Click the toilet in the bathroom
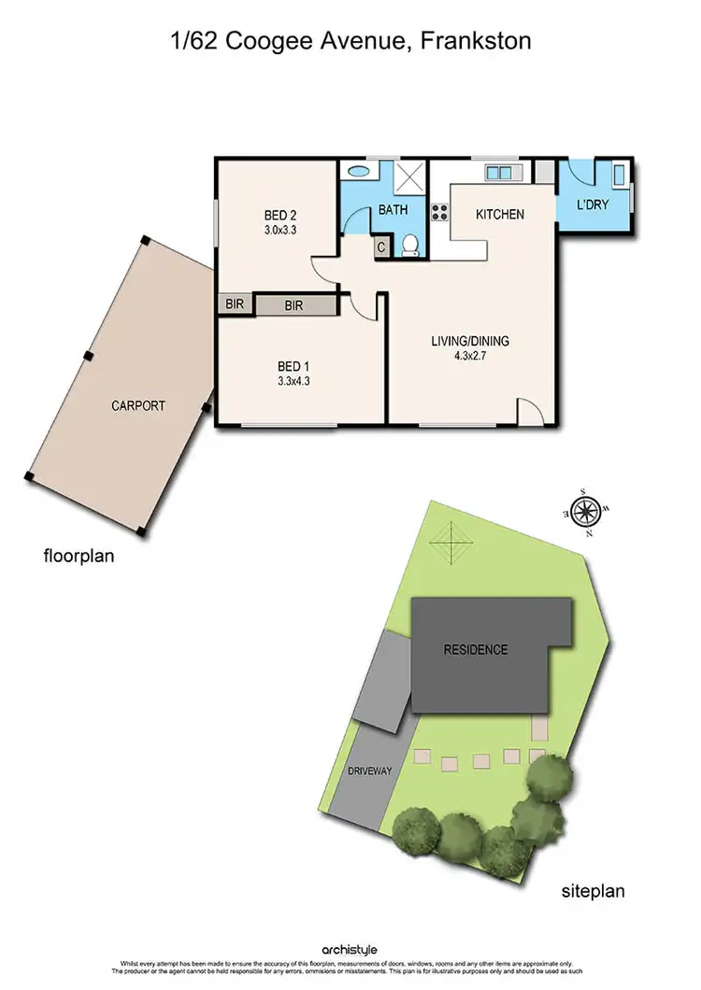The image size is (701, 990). click(x=409, y=245)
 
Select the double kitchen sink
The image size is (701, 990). click(x=498, y=172)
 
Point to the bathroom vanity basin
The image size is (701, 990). click(x=357, y=172)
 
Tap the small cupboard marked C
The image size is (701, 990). click(x=381, y=247)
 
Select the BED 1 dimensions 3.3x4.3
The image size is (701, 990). click(x=293, y=381)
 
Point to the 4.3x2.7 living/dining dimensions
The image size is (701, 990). click(x=469, y=357)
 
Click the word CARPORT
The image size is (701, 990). click(x=138, y=405)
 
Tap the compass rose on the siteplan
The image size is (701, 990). click(x=585, y=511)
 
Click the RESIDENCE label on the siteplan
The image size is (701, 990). click(x=476, y=649)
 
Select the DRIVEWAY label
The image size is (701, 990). click(x=370, y=771)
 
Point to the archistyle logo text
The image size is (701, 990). click(x=349, y=950)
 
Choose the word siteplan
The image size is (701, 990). click(x=593, y=891)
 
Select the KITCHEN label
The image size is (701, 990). click(x=500, y=214)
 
